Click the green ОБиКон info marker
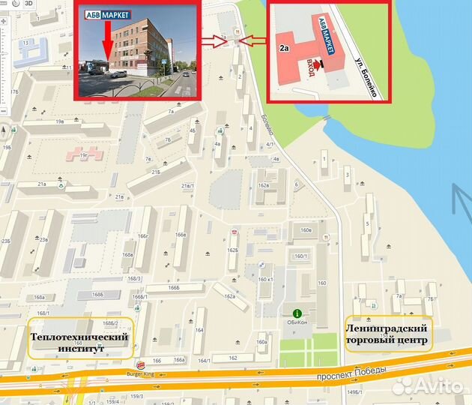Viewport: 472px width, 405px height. (x=297, y=313)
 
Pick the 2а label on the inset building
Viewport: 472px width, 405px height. (x=284, y=47)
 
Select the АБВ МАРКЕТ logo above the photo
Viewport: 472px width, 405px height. (x=104, y=14)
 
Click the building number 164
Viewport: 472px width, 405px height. (x=199, y=331)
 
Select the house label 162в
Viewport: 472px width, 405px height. (x=263, y=184)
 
